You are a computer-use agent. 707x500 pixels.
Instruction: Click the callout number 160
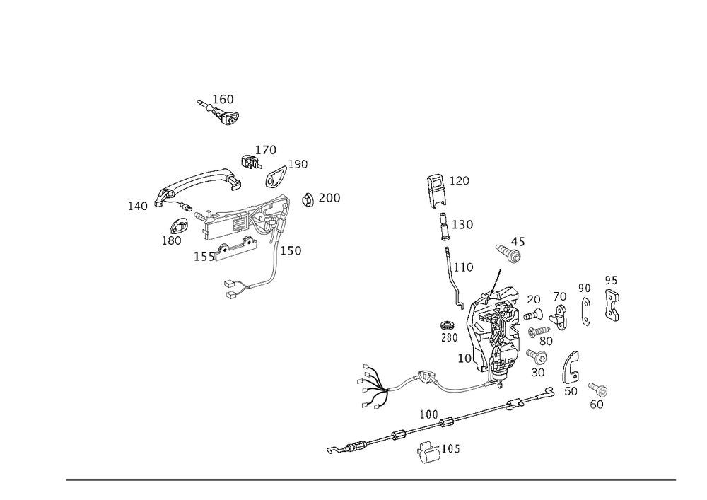tap(223, 98)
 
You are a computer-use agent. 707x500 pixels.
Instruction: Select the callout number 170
tap(267, 149)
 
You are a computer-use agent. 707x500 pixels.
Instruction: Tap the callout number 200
tap(329, 199)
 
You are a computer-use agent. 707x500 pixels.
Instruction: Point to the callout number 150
tap(293, 251)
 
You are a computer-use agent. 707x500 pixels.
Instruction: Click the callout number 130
tap(464, 225)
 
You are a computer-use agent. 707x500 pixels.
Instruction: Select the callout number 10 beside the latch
tap(464, 359)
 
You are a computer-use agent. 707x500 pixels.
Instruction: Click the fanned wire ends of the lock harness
tap(373, 386)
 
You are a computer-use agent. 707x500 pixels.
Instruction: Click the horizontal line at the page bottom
tap(371, 482)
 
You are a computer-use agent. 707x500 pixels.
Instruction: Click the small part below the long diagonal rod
tap(433, 451)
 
